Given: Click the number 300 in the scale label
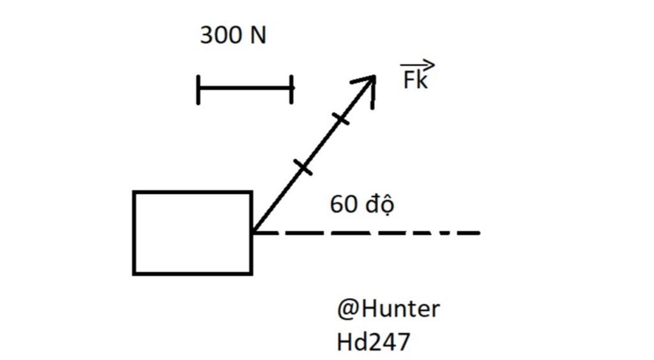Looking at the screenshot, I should coord(220,35).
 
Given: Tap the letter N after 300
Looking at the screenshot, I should coord(257,35).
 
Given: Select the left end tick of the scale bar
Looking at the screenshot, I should coord(199,89).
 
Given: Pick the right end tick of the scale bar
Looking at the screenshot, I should coord(291,89).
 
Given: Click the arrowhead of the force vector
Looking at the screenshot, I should coord(369,82).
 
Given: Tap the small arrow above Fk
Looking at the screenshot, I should coord(418,64).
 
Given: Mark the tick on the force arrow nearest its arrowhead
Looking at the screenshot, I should coord(340,118).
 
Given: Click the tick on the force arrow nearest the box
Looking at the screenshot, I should coord(303,167).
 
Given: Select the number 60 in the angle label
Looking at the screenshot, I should coord(343,205).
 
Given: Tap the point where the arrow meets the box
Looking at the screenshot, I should coord(252,232).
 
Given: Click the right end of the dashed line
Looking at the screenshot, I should coord(478,233).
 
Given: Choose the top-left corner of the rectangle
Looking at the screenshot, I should coord(134,192).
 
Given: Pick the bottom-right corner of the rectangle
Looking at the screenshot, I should coord(251,273).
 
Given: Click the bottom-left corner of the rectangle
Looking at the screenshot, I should coord(134,273).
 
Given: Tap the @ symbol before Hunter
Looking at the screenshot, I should coord(347,310).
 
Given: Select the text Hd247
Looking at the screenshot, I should coord(372,342).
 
